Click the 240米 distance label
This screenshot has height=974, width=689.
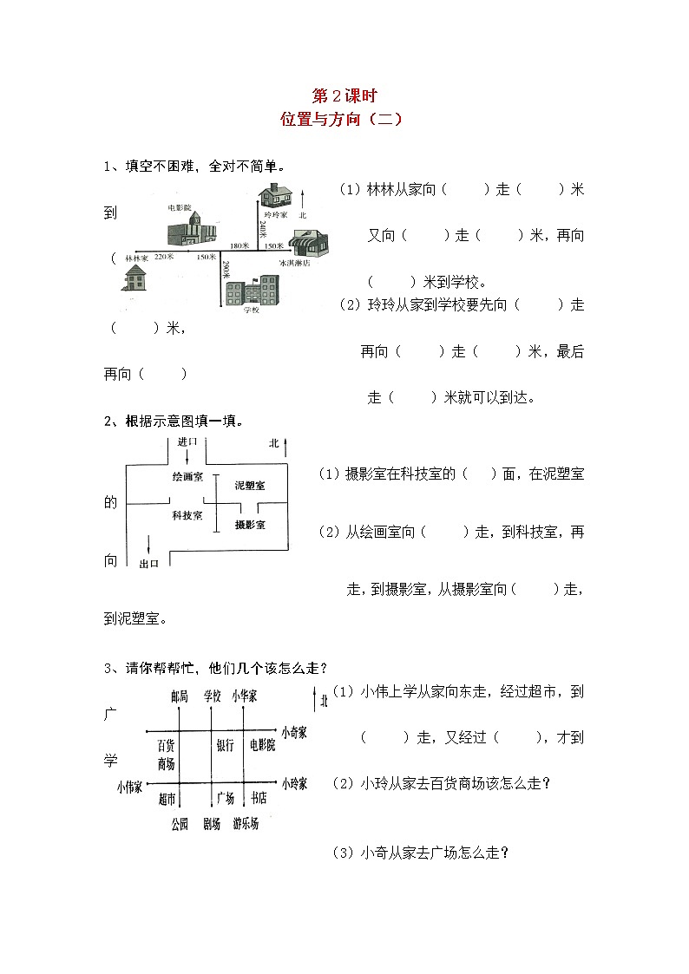[262, 230]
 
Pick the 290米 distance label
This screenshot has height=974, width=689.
[226, 270]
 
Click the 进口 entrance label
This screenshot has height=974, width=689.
[187, 441]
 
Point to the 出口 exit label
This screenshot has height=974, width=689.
[149, 564]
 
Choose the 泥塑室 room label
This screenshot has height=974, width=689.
[250, 486]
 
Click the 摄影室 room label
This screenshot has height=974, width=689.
[250, 525]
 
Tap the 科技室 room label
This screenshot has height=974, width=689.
[187, 515]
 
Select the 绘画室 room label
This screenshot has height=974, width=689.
[187, 476]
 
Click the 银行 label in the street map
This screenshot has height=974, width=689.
[224, 745]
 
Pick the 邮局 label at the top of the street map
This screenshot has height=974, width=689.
[180, 696]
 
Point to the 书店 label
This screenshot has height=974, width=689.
[258, 798]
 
